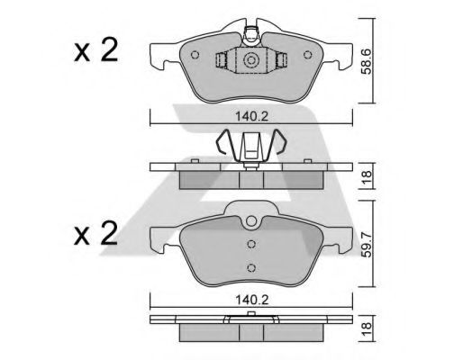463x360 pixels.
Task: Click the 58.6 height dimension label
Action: tap(367, 61)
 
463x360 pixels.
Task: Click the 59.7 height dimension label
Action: tap(367, 244)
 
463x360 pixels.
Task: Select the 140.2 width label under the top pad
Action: tap(251, 116)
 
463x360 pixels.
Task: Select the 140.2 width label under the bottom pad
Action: tap(251, 300)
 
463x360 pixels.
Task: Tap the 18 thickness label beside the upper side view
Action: tap(367, 176)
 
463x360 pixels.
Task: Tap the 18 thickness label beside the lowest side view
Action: tap(367, 328)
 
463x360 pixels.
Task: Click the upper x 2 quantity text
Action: tap(96, 50)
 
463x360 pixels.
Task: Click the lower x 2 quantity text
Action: tap(96, 233)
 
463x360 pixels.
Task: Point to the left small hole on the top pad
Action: tap(195, 55)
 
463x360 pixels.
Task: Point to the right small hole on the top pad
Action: tap(307, 55)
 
